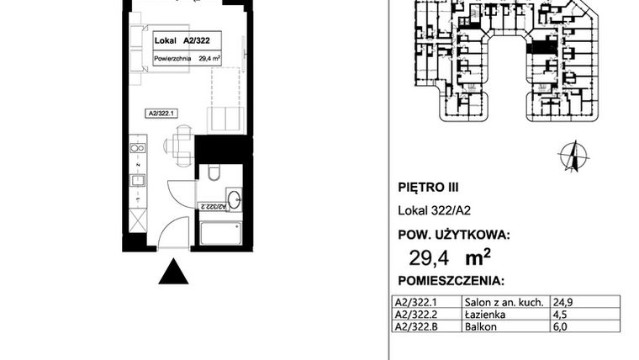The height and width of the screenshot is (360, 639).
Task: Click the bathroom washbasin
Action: (x=235, y=199)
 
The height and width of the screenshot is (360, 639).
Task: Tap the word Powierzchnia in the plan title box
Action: (x=172, y=59)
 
